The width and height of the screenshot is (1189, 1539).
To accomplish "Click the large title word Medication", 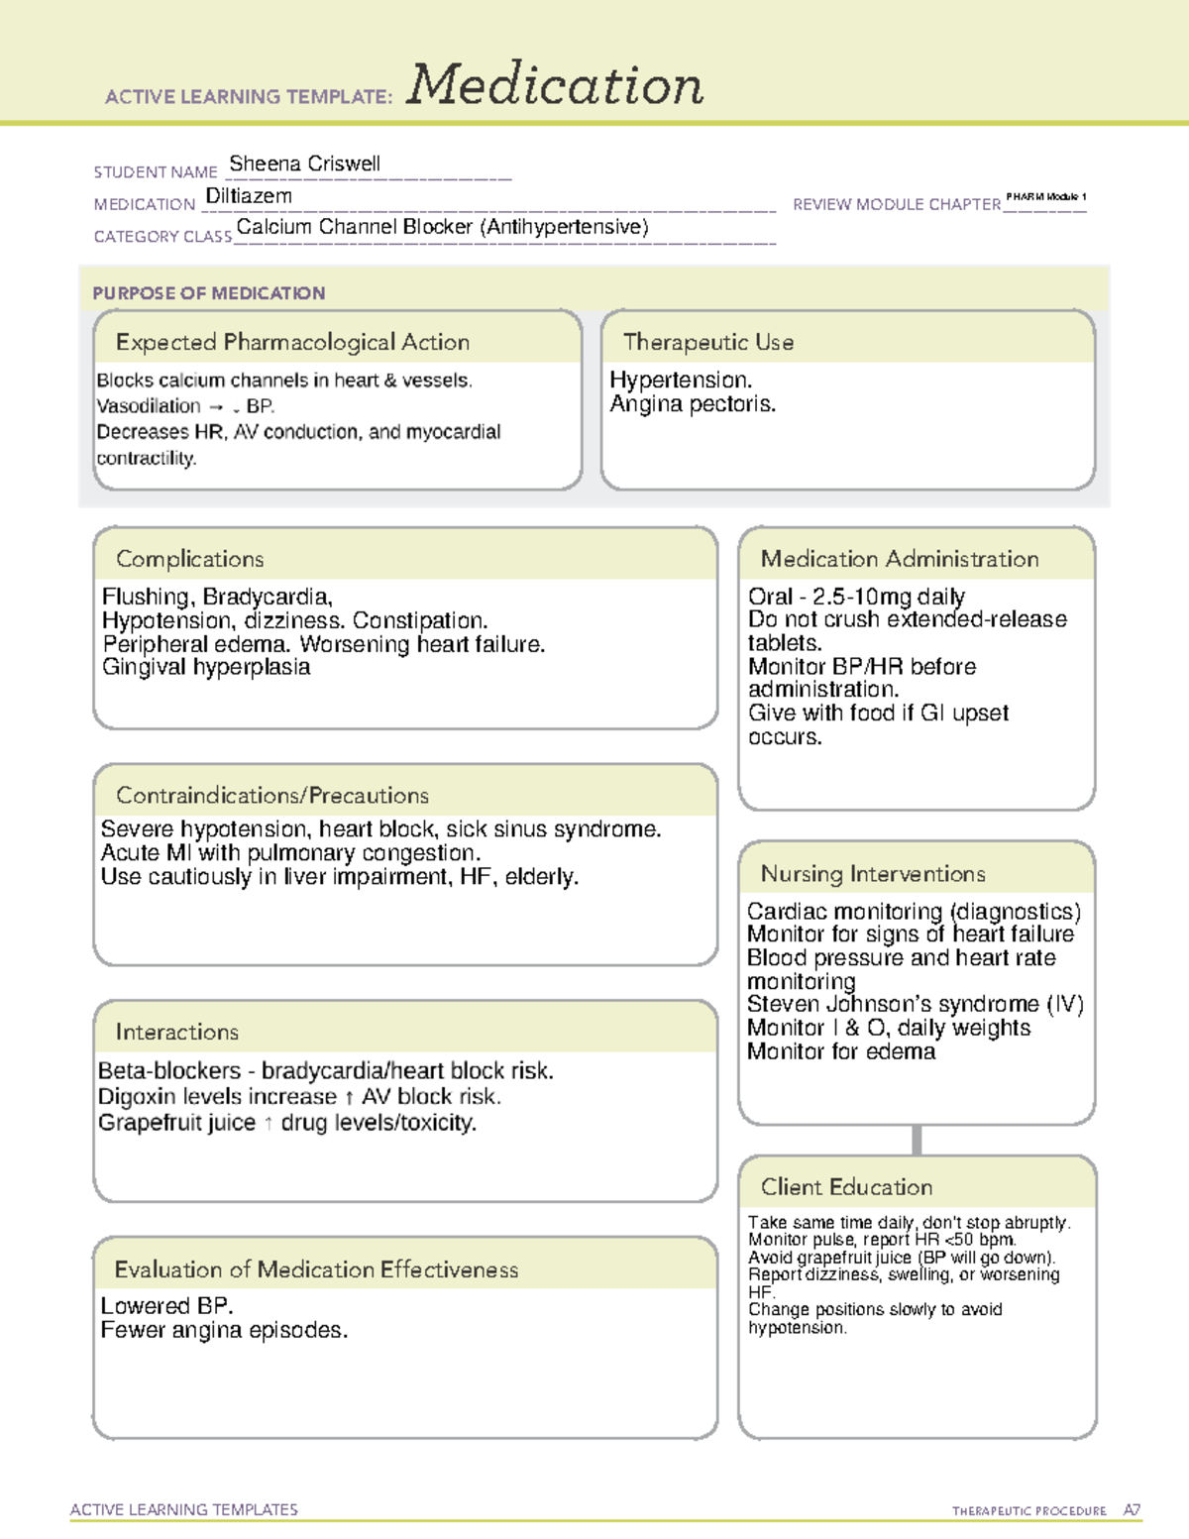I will click(555, 86).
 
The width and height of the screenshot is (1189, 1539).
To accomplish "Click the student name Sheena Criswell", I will click(304, 164).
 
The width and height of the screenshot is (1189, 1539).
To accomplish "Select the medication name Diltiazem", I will click(249, 196).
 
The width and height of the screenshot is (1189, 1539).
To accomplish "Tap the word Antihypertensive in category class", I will click(564, 227).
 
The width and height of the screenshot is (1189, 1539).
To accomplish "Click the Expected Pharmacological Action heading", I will click(292, 342).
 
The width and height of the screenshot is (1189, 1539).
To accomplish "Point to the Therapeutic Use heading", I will click(707, 342).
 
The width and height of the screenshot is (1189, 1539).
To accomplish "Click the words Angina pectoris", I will click(693, 404).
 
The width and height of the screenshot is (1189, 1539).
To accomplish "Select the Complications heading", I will click(189, 559).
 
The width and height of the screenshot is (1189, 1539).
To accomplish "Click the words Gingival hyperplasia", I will click(206, 667).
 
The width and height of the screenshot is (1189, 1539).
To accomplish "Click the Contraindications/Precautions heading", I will click(271, 796).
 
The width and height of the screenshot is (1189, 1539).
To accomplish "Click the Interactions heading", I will click(176, 1033).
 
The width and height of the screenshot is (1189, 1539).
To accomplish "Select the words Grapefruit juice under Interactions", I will click(176, 1123).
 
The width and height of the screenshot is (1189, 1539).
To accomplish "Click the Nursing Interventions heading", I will click(872, 874).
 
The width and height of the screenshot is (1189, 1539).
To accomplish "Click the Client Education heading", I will click(846, 1187).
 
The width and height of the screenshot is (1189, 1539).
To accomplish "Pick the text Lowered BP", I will click(166, 1306).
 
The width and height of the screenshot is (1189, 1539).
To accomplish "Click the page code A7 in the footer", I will click(1131, 1510).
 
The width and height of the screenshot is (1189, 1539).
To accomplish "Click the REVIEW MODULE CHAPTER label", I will click(896, 204).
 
